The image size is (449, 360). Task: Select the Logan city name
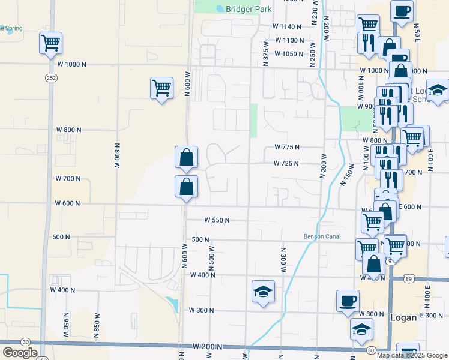pyautogui.click(x=403, y=317)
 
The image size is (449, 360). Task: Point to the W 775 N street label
pyautogui.click(x=286, y=147)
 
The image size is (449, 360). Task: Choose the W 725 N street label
pyautogui.click(x=286, y=163)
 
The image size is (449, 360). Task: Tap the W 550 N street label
pyautogui.click(x=217, y=220)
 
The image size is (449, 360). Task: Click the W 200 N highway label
pyautogui.click(x=208, y=347)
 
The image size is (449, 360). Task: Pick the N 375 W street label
pyautogui.click(x=265, y=53)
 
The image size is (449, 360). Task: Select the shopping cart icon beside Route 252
pyautogui.click(x=51, y=43)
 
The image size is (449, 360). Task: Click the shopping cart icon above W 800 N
pyautogui.click(x=161, y=88)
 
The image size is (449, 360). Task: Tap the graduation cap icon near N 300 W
pyautogui.click(x=263, y=292)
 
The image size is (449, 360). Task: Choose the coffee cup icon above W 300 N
pyautogui.click(x=347, y=301)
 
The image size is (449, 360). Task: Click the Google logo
pyautogui.click(x=20, y=353)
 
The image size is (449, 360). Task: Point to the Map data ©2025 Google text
pyautogui.click(x=412, y=355)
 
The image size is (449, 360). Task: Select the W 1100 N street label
pyautogui.click(x=290, y=40)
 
